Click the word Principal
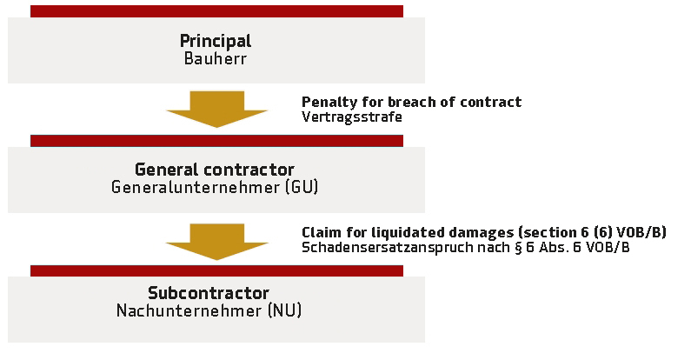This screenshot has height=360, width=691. click(x=216, y=42)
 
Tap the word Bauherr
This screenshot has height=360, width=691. click(x=216, y=58)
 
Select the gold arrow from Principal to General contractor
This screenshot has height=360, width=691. click(x=216, y=110)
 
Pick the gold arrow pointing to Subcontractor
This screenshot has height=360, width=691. click(x=216, y=242)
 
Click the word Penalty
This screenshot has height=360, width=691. click(x=329, y=103)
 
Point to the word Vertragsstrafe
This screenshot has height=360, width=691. click(x=352, y=117)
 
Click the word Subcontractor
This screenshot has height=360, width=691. click(x=209, y=293)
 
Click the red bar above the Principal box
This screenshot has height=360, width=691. click(x=216, y=11)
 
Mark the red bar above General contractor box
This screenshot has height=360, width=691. click(x=216, y=141)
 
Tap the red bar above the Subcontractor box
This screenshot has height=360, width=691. click(x=216, y=271)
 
